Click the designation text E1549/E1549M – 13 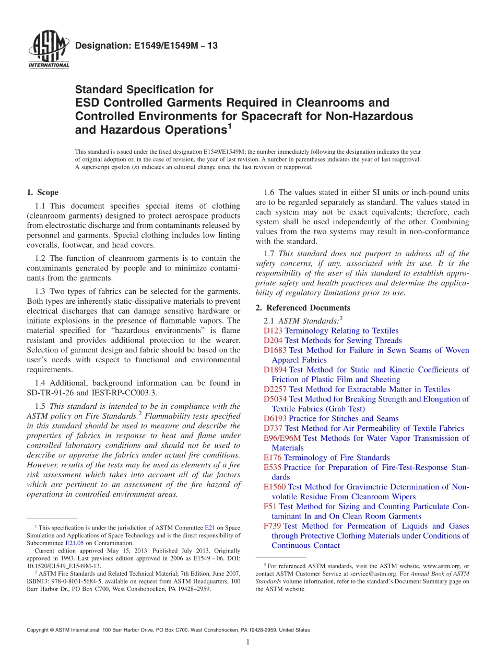coord(146,46)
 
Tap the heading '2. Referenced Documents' coord(303,307)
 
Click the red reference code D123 coord(273,330)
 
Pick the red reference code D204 coord(273,340)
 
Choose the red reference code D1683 coord(275,350)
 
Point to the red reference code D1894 coord(275,370)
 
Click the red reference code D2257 coord(275,389)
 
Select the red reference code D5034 coord(275,399)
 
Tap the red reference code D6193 coord(275,418)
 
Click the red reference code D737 coord(273,428)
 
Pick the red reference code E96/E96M coord(282,438)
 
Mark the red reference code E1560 coord(275,487)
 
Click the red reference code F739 coord(272,526)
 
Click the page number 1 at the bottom coord(248,643)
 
